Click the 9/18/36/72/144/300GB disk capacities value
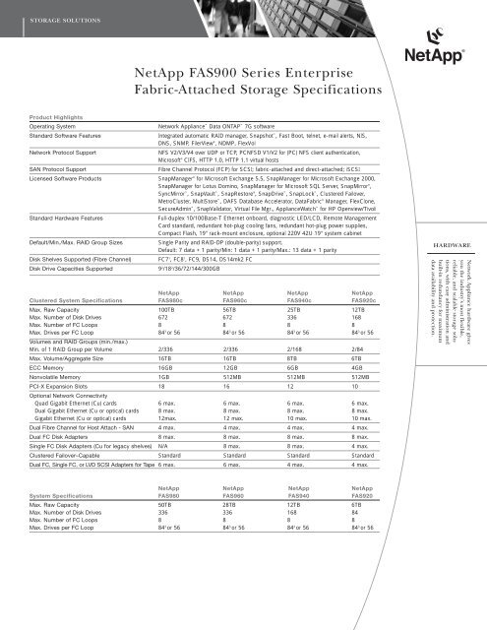click(x=195, y=299)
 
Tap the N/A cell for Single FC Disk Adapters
click(x=164, y=474)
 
